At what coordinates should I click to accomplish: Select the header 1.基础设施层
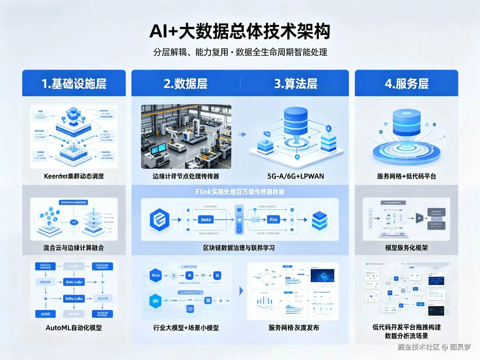[x=74, y=84]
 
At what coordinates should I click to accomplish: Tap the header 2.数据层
[x=185, y=84]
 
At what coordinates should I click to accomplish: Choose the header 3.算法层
[x=296, y=84]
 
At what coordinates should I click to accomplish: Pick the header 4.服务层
[x=407, y=84]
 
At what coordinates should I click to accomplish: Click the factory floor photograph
[x=186, y=137]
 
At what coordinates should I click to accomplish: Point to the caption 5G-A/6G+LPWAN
[x=296, y=176]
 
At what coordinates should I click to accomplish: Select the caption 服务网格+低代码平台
[x=407, y=176]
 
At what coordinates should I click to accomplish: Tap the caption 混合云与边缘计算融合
[x=74, y=248]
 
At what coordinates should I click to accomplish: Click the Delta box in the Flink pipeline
[x=206, y=220]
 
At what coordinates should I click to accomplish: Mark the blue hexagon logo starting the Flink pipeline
[x=160, y=220]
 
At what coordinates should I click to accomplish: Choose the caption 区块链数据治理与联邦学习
[x=239, y=248]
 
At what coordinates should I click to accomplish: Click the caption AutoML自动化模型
[x=74, y=328]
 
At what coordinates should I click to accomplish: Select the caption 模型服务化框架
[x=407, y=248]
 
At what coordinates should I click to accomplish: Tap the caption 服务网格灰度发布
[x=294, y=328]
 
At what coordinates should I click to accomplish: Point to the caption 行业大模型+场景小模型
[x=186, y=328]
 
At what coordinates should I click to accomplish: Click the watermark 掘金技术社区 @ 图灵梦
[x=434, y=347]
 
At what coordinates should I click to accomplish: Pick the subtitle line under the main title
[x=240, y=52]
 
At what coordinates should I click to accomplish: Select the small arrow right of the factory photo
[x=242, y=135]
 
